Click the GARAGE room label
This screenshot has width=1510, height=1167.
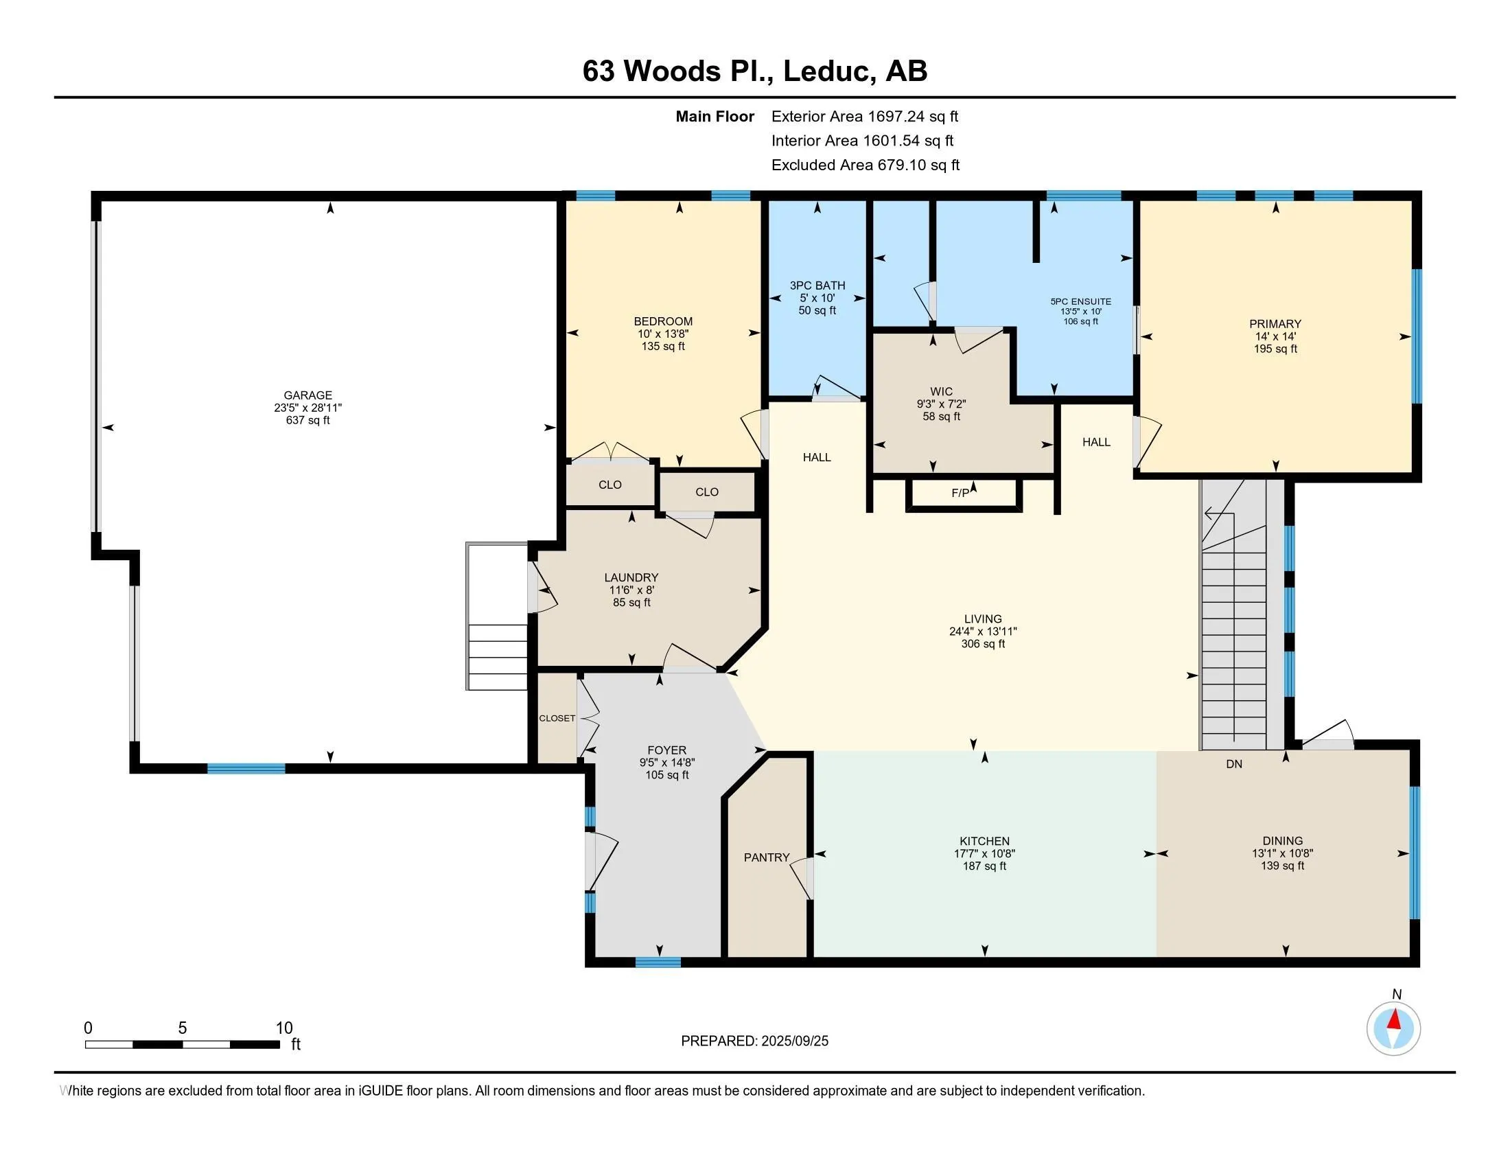pos(307,395)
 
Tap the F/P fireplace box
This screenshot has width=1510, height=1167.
pos(964,494)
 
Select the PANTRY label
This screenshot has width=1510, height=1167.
pos(766,857)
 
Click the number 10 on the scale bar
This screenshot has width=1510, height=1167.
pos(284,1028)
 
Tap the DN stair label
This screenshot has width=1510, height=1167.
pos(1234,764)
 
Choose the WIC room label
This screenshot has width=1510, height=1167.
pos(941,391)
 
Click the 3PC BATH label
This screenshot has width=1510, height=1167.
pos(817,286)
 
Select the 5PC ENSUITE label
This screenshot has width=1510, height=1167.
pos(1080,301)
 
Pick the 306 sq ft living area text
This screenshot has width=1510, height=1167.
pos(983,644)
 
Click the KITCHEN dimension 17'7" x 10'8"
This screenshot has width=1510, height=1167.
pos(984,854)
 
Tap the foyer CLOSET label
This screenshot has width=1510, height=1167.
pos(557,718)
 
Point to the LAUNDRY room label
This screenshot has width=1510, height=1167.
pos(631,578)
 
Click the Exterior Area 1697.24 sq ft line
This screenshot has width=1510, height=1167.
pos(865,116)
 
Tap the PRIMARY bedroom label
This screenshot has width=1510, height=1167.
pos(1275,324)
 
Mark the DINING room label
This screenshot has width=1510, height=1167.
pos(1283,842)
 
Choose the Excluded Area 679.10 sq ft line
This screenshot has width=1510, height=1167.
pos(866,165)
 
